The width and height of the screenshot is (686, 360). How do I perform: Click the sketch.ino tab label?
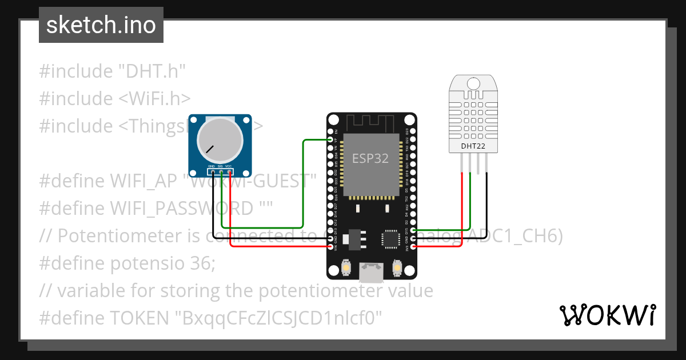click(x=101, y=25)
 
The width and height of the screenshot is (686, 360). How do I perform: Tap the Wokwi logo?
click(x=607, y=315)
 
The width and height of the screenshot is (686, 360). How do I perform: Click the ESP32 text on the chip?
click(x=370, y=158)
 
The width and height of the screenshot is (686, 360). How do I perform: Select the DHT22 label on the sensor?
click(x=473, y=146)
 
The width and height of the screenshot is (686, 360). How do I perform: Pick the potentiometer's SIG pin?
click(x=221, y=171)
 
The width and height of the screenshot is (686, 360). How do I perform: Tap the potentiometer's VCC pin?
click(x=229, y=171)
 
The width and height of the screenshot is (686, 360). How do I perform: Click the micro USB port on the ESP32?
click(x=372, y=273)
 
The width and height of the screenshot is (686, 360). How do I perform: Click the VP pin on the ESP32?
click(x=330, y=139)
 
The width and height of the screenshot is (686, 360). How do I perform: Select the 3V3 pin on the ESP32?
click(x=413, y=247)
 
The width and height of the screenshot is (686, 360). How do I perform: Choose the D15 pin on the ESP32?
click(x=413, y=230)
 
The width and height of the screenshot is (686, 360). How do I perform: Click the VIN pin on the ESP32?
click(x=330, y=247)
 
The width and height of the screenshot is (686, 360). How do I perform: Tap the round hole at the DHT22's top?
click(x=473, y=84)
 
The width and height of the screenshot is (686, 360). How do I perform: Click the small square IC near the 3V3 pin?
click(x=391, y=239)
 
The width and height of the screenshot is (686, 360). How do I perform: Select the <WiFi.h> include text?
click(x=155, y=98)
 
